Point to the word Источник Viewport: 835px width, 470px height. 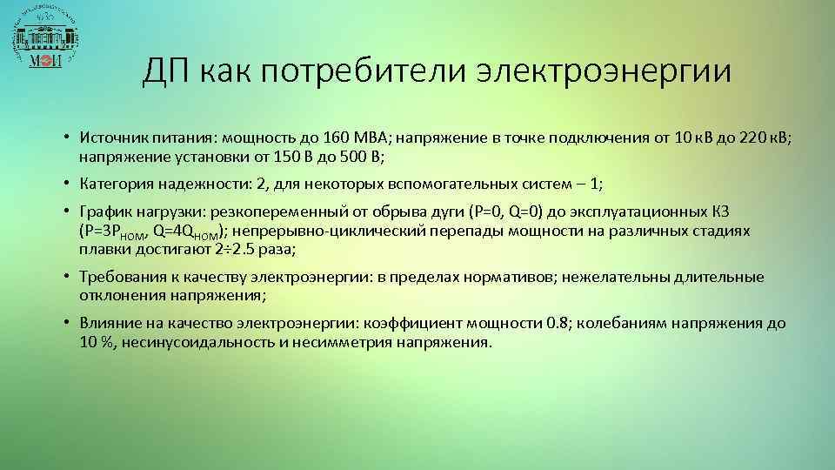point(110,139)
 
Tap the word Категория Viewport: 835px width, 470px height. point(114,185)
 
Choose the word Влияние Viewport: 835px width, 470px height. point(109,323)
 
